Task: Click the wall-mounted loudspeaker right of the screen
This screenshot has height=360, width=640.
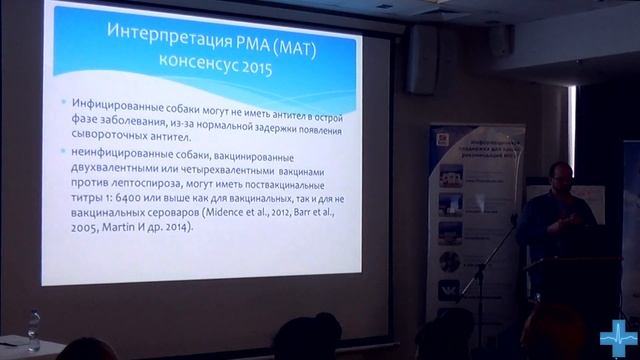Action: (421, 59)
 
